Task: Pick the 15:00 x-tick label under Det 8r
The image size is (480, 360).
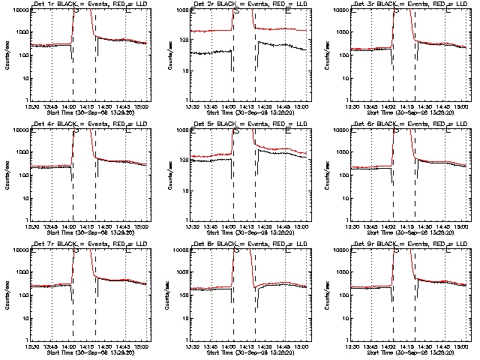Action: (x=301, y=346)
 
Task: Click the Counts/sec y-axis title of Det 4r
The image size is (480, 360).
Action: (x=7, y=174)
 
